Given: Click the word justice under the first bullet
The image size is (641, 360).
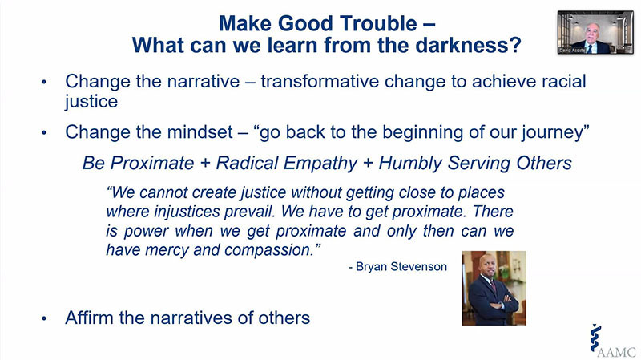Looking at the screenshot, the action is (91, 102).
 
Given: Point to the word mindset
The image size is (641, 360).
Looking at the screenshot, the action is (200, 132).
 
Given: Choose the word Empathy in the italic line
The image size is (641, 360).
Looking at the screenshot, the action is (320, 164).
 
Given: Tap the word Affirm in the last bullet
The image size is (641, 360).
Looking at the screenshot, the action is (89, 318).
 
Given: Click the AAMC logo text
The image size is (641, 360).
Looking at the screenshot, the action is (617, 352).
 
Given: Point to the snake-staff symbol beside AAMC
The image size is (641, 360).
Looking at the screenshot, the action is (595, 338).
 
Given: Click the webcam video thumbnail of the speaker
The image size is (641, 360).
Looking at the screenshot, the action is (595, 32).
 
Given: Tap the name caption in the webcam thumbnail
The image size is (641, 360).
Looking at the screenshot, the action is (572, 51).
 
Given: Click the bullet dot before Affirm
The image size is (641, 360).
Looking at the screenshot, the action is (44, 318).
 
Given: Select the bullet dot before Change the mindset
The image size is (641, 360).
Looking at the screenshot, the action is (44, 132).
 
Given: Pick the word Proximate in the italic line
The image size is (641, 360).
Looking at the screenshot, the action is (152, 164).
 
